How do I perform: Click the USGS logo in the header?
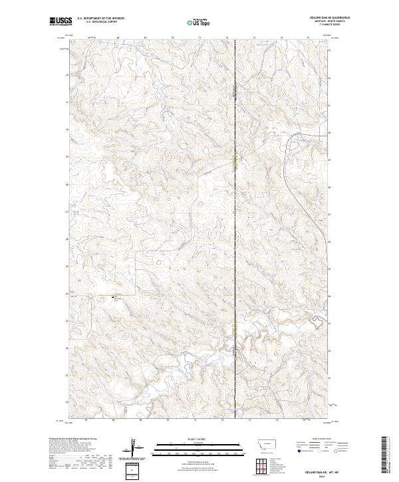pos(61,22)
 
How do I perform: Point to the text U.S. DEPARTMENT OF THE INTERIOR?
pos(100,19)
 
